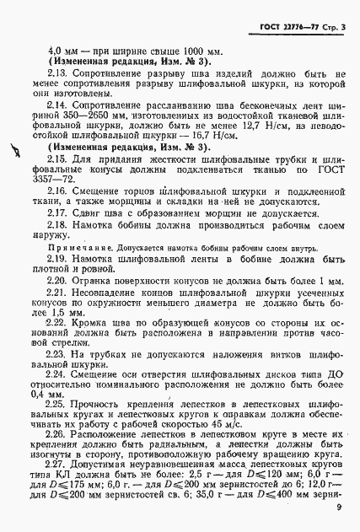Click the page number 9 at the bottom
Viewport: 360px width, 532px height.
click(x=337, y=506)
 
